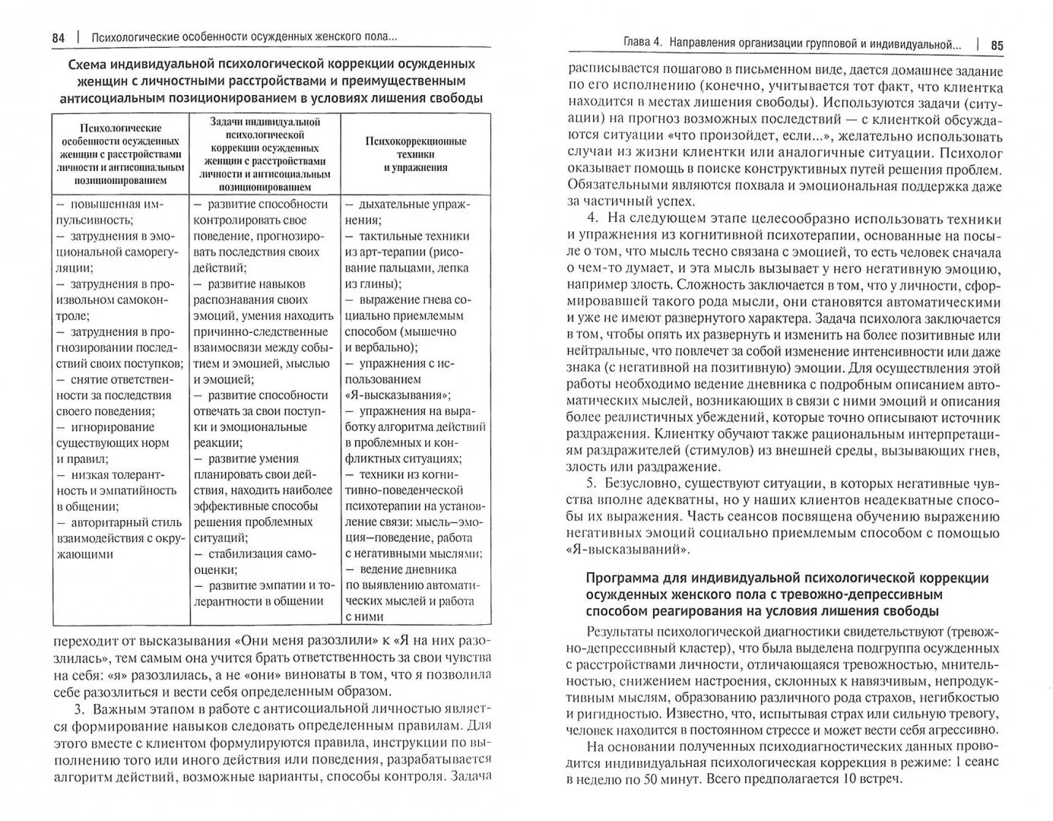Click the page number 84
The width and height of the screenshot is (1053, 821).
coord(59,37)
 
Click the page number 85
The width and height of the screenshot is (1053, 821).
coord(997,45)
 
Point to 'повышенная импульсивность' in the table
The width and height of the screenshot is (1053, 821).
coord(108,211)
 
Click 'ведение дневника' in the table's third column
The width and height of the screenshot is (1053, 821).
coord(408,569)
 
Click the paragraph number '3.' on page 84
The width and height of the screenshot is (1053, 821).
coord(79,709)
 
